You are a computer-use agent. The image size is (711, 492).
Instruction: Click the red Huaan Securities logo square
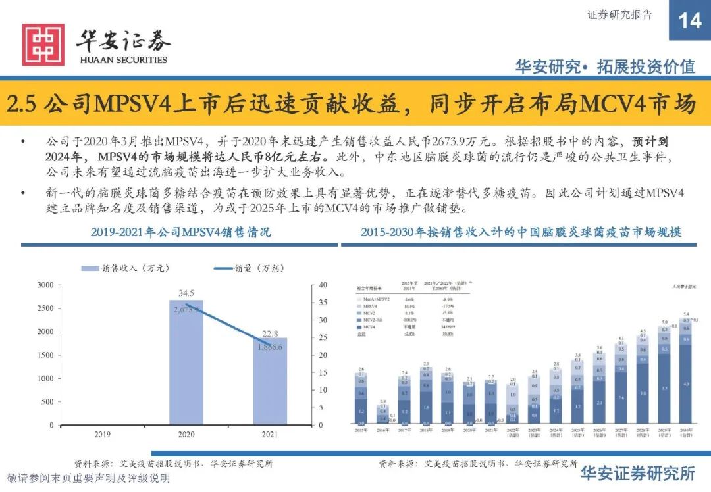[x=43, y=45]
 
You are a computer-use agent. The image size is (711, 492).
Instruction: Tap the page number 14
[x=689, y=21]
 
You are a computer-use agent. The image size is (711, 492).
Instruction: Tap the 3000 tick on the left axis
[x=45, y=285]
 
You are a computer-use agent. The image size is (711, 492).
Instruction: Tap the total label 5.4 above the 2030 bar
[x=685, y=314]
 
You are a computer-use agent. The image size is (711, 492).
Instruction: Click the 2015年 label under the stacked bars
[x=361, y=430]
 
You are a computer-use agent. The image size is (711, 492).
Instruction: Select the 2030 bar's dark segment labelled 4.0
[x=685, y=383]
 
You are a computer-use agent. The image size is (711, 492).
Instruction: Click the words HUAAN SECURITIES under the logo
[x=123, y=60]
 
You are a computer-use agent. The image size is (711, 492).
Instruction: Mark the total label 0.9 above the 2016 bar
[x=382, y=401]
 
